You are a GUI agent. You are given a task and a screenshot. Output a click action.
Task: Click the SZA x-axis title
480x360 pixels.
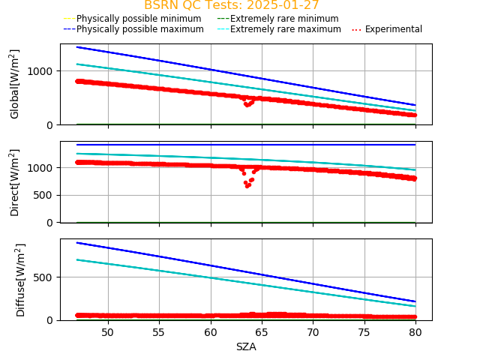[x=246, y=346]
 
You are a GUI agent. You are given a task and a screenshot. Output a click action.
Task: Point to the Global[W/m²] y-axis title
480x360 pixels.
[x=15, y=84]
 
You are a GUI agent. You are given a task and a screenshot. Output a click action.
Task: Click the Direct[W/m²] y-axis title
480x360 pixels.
[x=15, y=182]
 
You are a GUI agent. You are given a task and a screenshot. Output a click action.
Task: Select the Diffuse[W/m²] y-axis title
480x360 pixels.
[x=20, y=279]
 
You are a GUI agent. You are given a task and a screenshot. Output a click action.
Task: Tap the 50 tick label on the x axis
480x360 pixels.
[x=107, y=331]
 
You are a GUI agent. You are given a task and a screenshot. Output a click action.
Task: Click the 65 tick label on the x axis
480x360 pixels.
[x=262, y=331]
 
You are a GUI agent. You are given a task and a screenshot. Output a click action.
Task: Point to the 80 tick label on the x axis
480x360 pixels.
[x=415, y=331]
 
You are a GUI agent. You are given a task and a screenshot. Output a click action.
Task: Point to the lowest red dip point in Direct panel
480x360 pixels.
[x=247, y=186]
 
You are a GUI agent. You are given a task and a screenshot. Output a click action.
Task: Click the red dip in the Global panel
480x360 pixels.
[x=247, y=104]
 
